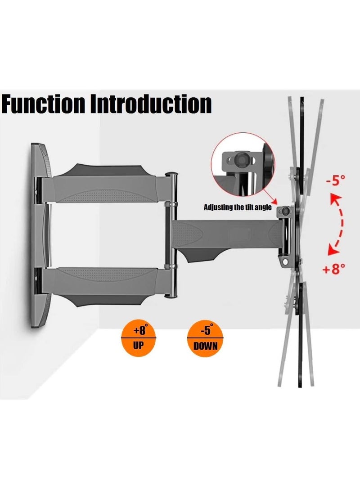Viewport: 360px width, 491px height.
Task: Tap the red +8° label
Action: coord(333,269)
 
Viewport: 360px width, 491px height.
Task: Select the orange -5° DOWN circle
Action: coord(205,338)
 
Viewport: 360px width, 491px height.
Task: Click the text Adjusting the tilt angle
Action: coord(237,207)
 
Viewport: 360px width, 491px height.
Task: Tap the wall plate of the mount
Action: coord(40,234)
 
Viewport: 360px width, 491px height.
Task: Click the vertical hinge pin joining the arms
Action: coord(171,234)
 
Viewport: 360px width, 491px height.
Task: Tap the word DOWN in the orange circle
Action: coord(205,346)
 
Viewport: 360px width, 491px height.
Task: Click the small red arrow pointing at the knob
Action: coord(271,198)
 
